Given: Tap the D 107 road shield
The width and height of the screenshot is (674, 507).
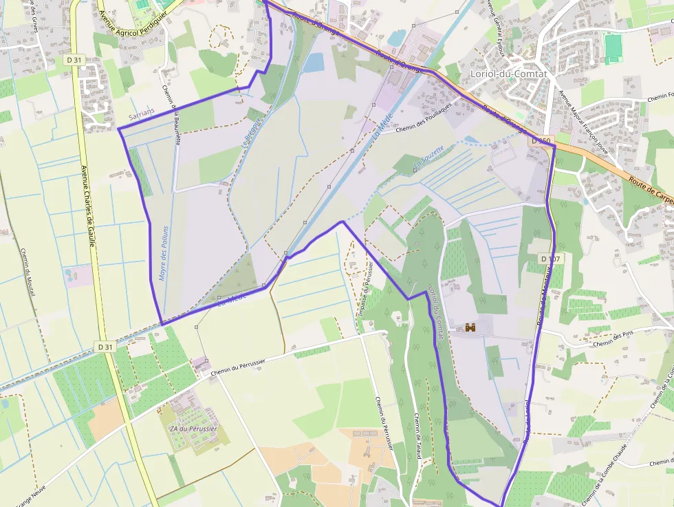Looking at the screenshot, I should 551,259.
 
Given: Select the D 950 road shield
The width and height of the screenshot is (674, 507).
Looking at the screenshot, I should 541,141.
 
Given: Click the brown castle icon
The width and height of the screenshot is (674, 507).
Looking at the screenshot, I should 471,328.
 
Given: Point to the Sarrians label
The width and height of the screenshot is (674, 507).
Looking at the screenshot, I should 142,110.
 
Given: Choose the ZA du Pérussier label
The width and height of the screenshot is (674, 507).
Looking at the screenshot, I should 193,429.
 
